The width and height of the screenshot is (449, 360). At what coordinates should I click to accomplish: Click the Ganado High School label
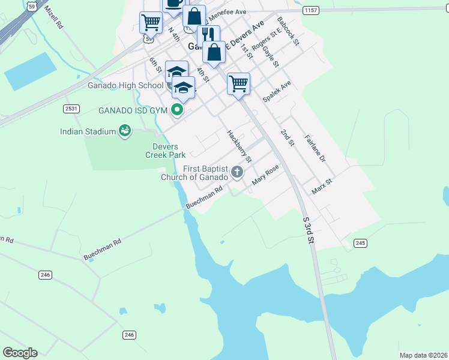(x=125, y=85)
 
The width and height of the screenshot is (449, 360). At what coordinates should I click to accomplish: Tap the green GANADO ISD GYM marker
(x=176, y=110)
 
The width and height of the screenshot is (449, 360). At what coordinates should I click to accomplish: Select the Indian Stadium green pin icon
(x=125, y=130)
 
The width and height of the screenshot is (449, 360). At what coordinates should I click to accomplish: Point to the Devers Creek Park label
(x=165, y=151)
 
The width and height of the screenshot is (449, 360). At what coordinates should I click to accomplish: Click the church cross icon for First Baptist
(x=237, y=173)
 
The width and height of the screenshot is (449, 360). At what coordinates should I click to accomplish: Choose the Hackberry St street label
(x=239, y=146)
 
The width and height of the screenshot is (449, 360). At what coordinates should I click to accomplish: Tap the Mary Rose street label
(x=265, y=175)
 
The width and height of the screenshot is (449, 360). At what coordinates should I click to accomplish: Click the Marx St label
(x=322, y=186)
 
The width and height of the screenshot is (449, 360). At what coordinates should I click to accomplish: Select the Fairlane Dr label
(x=315, y=148)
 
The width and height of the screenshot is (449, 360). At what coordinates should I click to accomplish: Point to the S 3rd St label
(x=309, y=231)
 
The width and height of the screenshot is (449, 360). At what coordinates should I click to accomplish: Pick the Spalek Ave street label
(x=277, y=92)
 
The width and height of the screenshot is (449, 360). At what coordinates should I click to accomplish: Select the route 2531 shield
(x=71, y=108)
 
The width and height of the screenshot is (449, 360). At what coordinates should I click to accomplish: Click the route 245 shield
(x=360, y=242)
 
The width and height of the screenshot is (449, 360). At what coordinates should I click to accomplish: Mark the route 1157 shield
(x=311, y=10)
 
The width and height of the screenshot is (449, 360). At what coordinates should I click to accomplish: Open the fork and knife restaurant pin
(x=208, y=34)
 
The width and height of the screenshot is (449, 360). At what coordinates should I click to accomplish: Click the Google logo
(x=20, y=353)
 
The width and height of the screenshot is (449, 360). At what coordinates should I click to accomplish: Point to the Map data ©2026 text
(x=423, y=355)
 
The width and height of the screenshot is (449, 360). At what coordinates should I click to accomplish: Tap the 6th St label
(x=156, y=65)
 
